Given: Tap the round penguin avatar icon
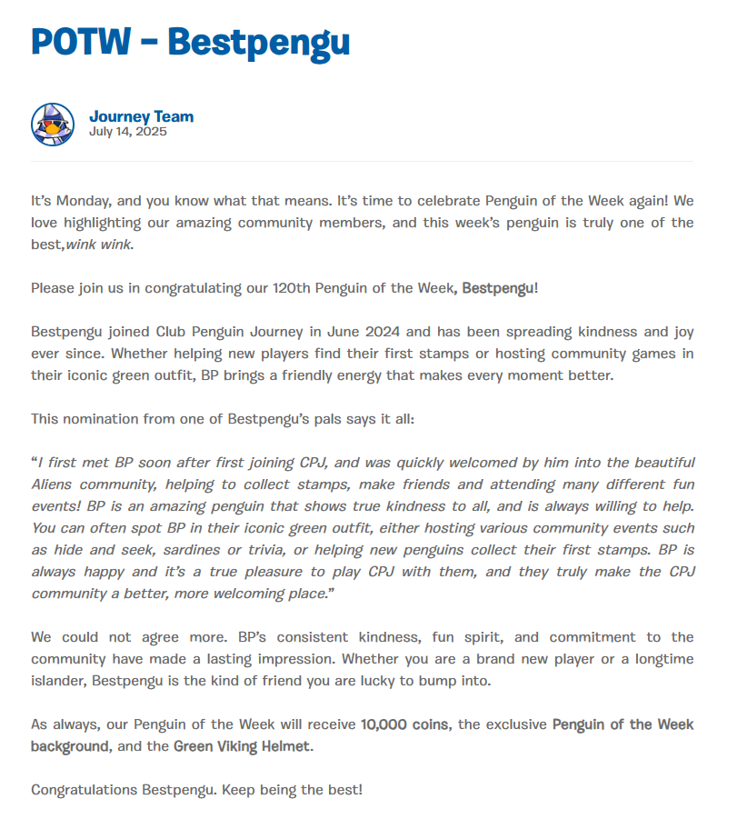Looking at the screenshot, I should (53, 125).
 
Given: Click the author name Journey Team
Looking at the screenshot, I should (141, 116).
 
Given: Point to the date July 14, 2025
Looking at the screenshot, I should (127, 131).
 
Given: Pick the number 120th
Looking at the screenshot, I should (291, 288).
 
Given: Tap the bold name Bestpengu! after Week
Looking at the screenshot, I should (500, 288).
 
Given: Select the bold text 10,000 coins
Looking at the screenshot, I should (403, 724).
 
